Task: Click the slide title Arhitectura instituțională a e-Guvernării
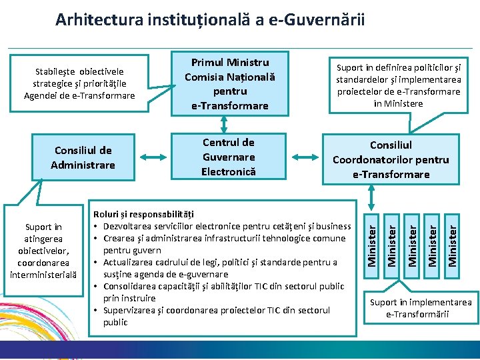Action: tap(210, 19)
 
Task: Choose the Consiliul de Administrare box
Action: tap(83, 157)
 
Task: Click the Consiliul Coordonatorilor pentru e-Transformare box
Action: tap(391, 159)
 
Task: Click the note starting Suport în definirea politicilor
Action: tap(399, 85)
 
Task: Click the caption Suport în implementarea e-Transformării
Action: tap(420, 308)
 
